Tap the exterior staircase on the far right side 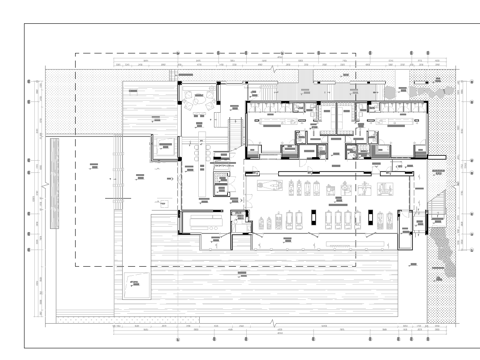(x=437, y=205)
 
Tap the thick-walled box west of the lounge (x=161, y=147)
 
